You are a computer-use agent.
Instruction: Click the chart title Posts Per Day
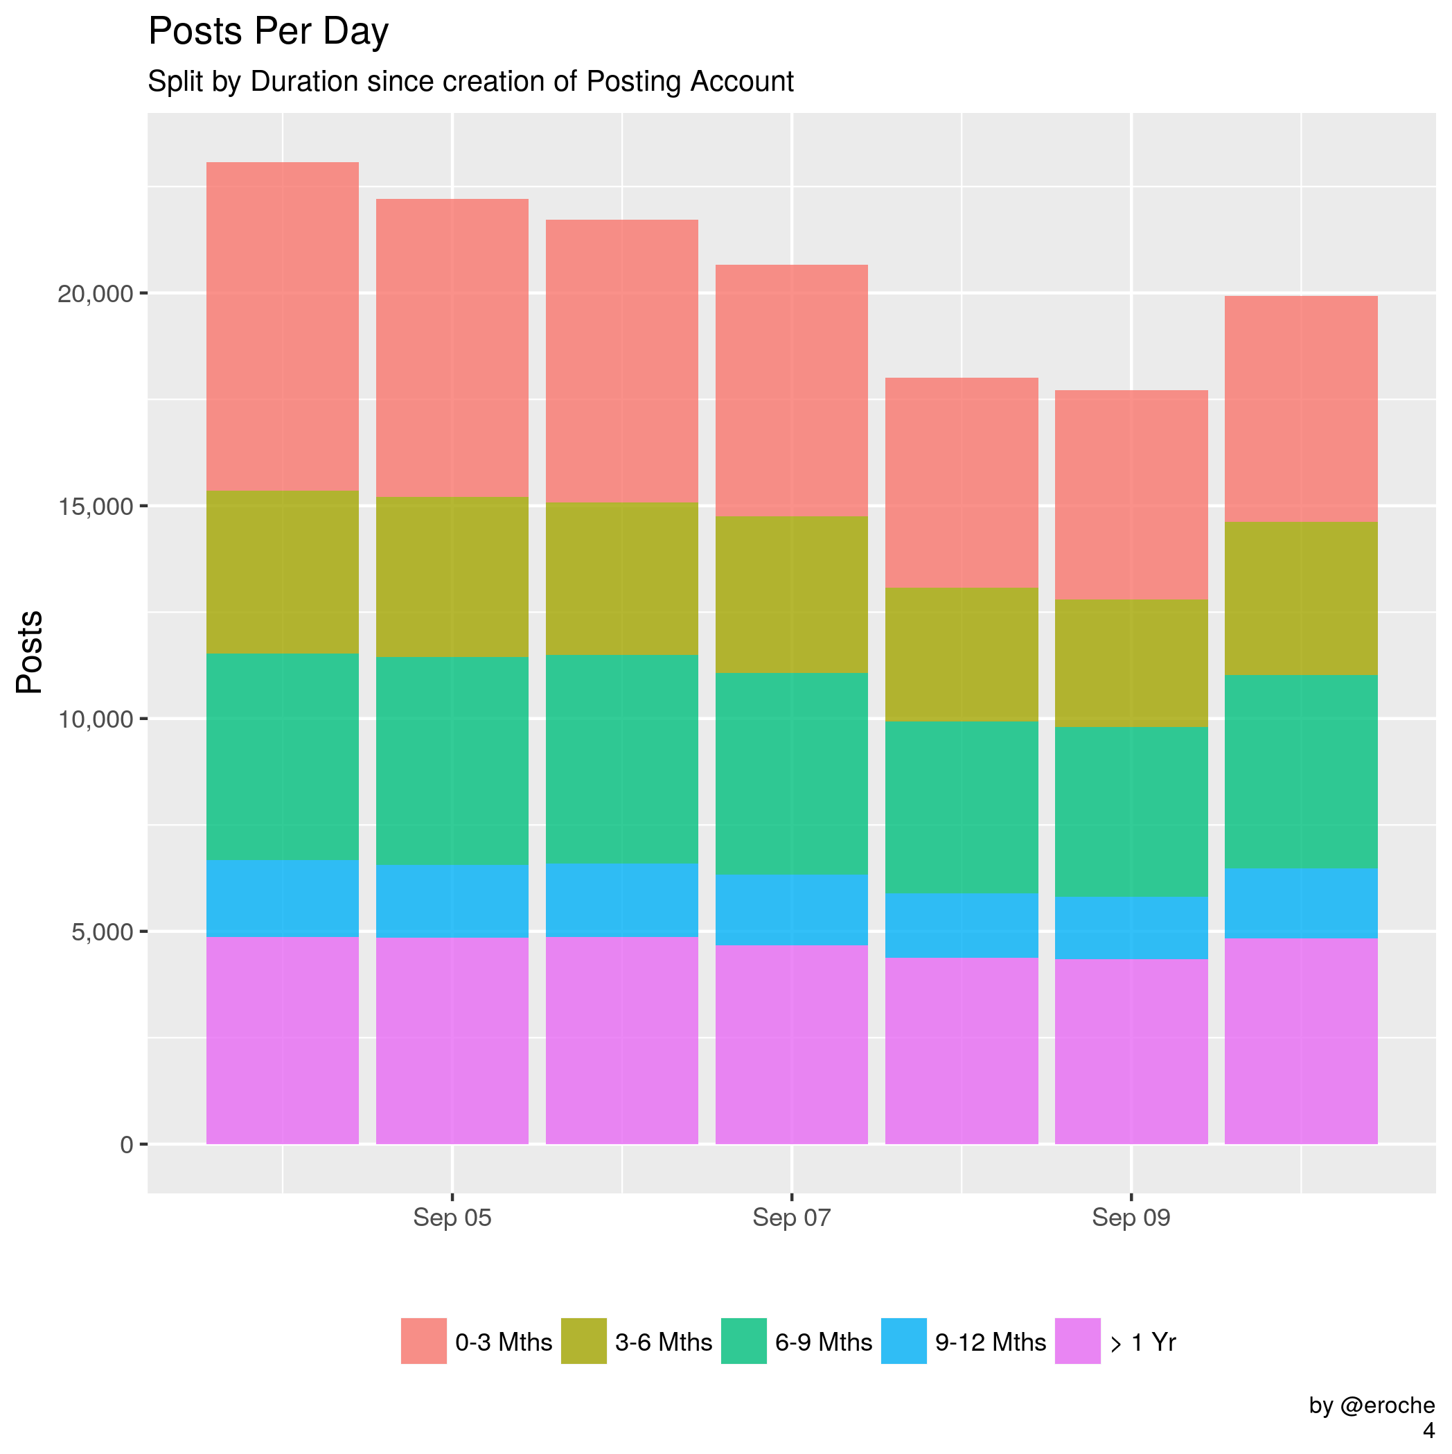pyautogui.click(x=268, y=33)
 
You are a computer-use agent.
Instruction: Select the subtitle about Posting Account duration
pyautogui.click(x=470, y=81)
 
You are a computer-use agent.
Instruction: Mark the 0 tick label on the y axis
pyautogui.click(x=126, y=1145)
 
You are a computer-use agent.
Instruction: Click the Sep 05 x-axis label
pyautogui.click(x=452, y=1217)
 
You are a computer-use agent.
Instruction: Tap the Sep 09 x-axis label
pyautogui.click(x=1131, y=1217)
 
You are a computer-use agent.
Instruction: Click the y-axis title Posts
pyautogui.click(x=30, y=651)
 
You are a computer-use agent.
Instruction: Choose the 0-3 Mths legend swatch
pyautogui.click(x=423, y=1341)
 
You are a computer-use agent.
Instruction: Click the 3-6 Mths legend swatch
pyautogui.click(x=584, y=1341)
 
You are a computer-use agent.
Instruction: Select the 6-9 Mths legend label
pyautogui.click(x=823, y=1342)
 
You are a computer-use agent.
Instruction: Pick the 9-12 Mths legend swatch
pyautogui.click(x=903, y=1341)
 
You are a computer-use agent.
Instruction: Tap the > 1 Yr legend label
pyautogui.click(x=1143, y=1342)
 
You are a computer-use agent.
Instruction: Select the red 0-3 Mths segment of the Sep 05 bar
pyautogui.click(x=452, y=348)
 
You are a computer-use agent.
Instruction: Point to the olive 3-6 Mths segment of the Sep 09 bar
pyautogui.click(x=1131, y=663)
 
